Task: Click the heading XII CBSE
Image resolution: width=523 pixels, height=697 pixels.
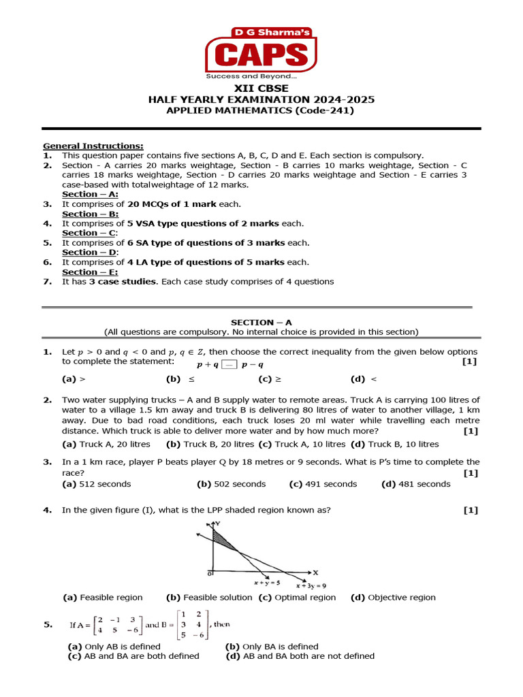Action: [x=261, y=88]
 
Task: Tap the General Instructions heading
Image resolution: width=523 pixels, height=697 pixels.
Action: [x=93, y=146]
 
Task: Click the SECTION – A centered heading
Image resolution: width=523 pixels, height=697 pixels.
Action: [x=261, y=322]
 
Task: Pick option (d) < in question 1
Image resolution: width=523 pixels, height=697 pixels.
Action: [x=364, y=379]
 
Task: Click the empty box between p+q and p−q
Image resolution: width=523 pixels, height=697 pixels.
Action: [x=229, y=365]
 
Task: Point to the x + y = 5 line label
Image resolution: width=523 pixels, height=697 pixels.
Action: [x=267, y=583]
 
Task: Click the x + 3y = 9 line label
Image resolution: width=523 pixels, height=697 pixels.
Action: [x=311, y=585]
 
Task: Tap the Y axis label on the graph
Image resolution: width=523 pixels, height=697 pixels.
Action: [x=217, y=523]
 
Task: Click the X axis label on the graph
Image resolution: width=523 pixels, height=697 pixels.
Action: [x=315, y=572]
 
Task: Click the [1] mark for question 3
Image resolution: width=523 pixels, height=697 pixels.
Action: [x=470, y=472]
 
